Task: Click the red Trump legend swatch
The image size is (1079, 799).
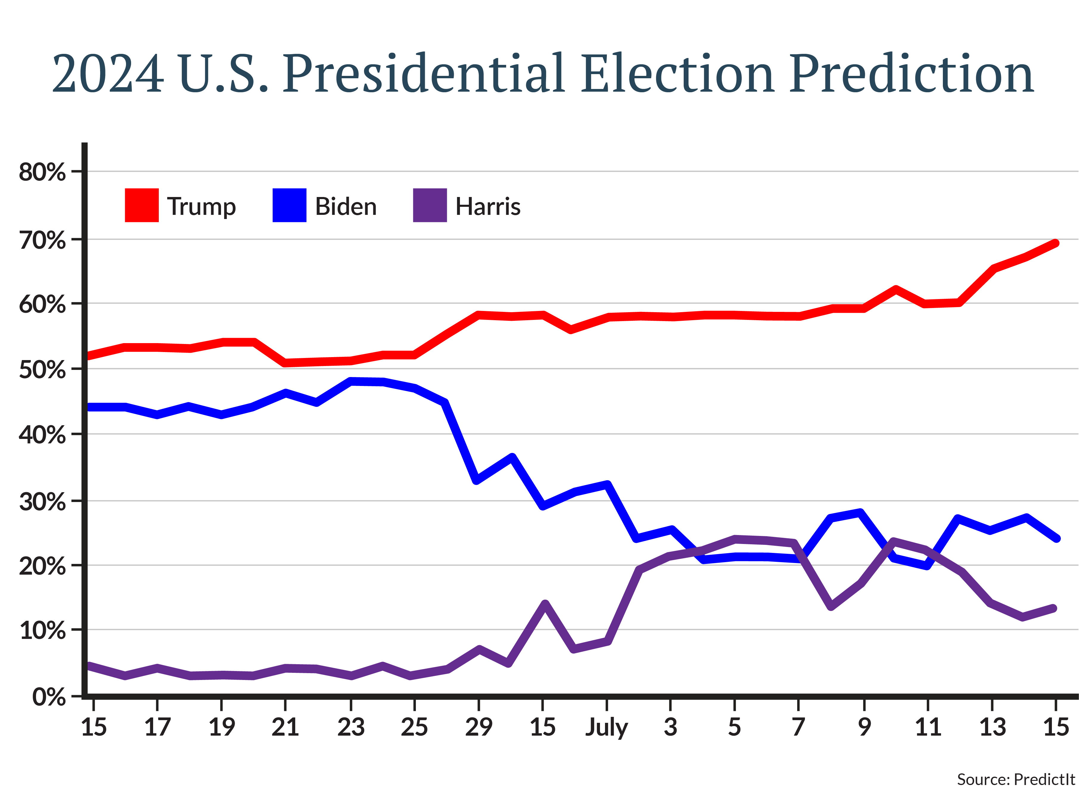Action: coord(141,205)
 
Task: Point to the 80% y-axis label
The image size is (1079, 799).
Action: coord(42,172)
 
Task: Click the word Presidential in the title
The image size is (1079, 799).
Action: coord(424,74)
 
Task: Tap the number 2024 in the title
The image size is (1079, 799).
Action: coord(108,74)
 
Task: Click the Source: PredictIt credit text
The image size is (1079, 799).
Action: coord(1016,779)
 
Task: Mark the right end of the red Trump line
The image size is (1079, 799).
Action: coord(1055,243)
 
